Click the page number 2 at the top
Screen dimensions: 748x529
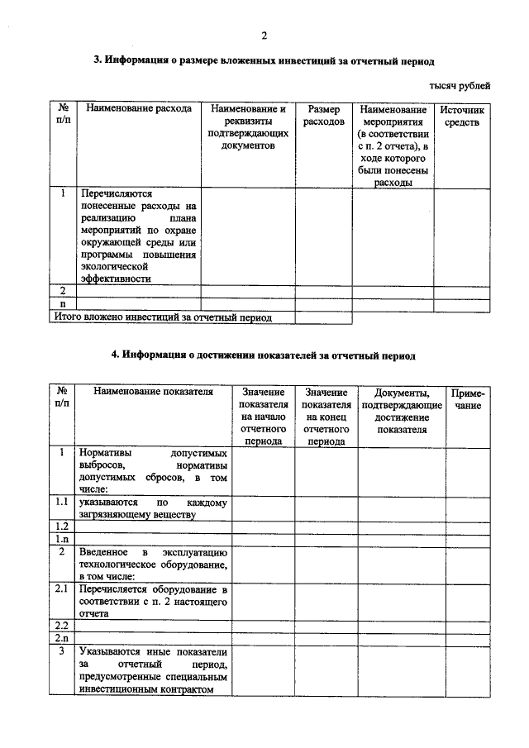264,36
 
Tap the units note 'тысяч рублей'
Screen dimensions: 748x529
460,86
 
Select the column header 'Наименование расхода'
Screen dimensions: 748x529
138,109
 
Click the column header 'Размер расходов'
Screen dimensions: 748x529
324,116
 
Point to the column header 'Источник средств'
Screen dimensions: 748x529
462,116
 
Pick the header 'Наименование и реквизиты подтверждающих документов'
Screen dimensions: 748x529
248,127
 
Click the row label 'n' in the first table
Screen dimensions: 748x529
63,303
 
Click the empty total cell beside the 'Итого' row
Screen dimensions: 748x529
324,317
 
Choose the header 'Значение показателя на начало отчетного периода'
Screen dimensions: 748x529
264,416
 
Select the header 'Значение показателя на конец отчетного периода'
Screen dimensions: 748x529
326,416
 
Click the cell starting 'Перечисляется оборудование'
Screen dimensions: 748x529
154,602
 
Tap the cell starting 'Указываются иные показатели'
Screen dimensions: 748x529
154,670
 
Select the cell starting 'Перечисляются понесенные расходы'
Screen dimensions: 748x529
139,236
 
